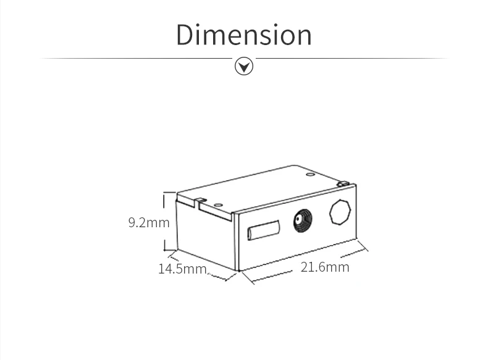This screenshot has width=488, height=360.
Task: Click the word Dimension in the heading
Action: (244, 35)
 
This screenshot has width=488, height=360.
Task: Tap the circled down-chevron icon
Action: (245, 65)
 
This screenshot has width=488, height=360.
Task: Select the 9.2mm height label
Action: (148, 222)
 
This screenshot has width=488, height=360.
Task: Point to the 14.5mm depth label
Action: (182, 269)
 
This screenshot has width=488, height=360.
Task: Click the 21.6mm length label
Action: (325, 267)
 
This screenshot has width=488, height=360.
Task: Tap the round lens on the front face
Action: (301, 221)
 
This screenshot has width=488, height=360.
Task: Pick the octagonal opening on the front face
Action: (340, 213)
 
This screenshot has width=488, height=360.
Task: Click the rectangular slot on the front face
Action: (262, 232)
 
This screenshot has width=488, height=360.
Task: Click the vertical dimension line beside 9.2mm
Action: (165, 222)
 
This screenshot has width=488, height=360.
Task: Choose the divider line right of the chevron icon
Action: (352, 59)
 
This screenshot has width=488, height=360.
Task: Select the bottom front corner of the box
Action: (238, 270)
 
